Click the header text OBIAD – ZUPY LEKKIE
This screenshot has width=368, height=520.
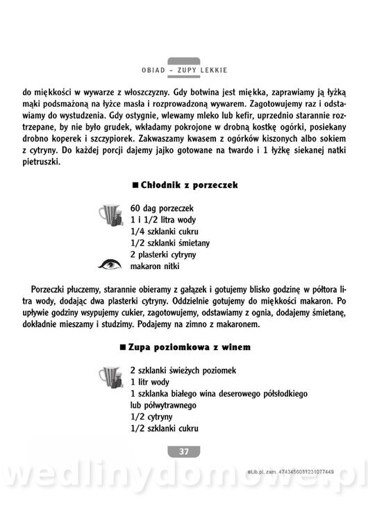tap(184, 71)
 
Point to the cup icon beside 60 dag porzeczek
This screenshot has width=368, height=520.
tap(112, 216)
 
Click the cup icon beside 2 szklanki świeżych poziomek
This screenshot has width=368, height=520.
tap(111, 377)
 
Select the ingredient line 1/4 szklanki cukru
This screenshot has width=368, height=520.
tap(165, 231)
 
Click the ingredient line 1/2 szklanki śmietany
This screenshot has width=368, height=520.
tap(170, 243)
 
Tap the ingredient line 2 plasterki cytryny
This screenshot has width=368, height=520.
tap(167, 254)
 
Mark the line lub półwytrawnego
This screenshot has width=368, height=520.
tap(164, 405)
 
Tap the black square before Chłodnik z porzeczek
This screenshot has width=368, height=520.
tap(134, 185)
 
